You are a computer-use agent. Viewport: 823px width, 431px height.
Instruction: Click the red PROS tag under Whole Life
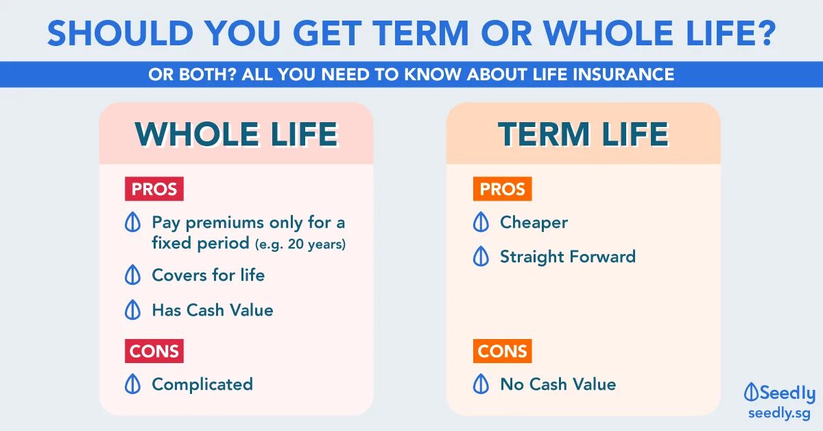click(154, 189)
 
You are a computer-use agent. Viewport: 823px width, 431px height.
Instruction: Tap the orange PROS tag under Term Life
click(502, 189)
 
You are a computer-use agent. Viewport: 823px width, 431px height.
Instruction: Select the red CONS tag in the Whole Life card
click(154, 351)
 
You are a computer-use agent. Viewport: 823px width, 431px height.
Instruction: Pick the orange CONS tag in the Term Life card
click(502, 351)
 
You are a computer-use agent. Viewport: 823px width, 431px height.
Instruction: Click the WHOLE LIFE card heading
click(236, 134)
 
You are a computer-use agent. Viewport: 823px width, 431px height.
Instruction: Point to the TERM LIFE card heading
click(583, 134)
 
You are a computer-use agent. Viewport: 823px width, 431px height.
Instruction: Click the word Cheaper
click(534, 223)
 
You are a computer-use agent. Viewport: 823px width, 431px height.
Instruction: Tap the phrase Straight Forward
click(568, 257)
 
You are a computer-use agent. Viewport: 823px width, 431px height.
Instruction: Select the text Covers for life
click(208, 275)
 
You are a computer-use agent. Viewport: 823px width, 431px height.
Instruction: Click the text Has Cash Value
click(213, 310)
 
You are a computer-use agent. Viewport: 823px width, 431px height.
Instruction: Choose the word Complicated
click(202, 384)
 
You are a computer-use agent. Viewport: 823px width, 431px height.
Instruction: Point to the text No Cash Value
click(558, 384)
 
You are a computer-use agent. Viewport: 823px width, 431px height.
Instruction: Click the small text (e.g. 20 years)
click(300, 244)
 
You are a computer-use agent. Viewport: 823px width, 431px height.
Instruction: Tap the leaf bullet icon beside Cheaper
click(481, 222)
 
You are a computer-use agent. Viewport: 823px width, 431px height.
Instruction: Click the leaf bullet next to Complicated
click(132, 384)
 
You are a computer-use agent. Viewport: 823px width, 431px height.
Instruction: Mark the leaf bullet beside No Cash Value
click(481, 384)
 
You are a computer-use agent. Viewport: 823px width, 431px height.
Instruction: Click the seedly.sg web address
click(779, 413)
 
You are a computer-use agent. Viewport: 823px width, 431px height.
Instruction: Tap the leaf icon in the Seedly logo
click(751, 392)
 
